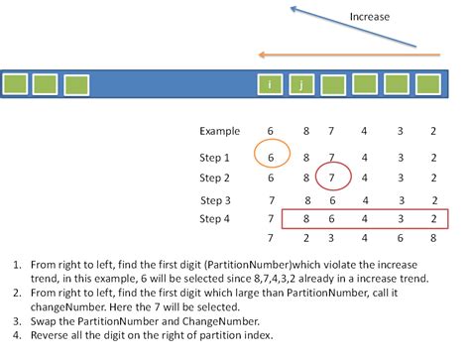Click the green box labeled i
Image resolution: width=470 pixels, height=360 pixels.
click(270, 85)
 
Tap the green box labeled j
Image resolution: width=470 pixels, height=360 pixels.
click(301, 85)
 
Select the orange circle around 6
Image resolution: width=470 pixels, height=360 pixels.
click(271, 157)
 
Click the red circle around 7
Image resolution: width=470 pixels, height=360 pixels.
click(335, 179)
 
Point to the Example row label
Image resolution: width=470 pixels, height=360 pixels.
click(219, 131)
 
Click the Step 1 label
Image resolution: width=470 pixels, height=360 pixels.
click(214, 157)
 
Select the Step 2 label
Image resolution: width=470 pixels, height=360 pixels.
click(214, 179)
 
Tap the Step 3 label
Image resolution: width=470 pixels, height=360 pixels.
click(214, 200)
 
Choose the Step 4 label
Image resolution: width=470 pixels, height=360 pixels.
click(214, 218)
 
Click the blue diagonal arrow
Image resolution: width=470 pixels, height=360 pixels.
click(352, 28)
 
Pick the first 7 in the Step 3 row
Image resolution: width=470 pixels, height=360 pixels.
click(271, 200)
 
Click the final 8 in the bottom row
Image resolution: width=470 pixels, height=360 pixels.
click(433, 238)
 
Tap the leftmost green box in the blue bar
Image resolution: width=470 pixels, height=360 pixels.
click(16, 85)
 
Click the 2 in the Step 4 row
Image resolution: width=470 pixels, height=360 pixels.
click(433, 218)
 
